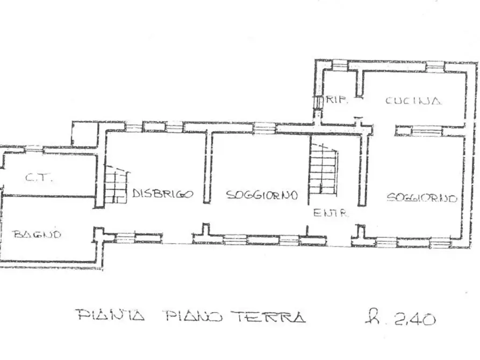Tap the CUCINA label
click(x=413, y=100)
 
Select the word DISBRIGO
click(x=162, y=195)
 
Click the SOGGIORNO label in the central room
click(x=262, y=195)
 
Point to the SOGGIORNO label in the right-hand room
click(x=422, y=198)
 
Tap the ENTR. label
click(x=331, y=213)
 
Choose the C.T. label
click(x=39, y=178)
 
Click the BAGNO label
click(x=37, y=234)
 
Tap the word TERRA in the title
click(x=271, y=316)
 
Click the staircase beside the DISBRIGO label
click(x=116, y=185)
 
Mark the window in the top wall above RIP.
click(x=340, y=66)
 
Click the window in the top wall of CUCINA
click(x=435, y=67)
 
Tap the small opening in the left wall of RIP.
click(x=318, y=102)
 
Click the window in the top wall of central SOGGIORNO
click(x=263, y=128)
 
